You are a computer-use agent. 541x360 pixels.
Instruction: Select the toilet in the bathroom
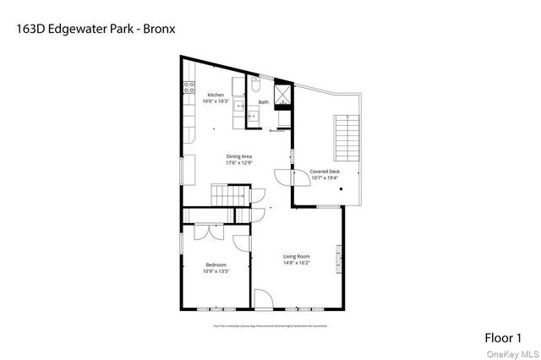(x=255, y=87)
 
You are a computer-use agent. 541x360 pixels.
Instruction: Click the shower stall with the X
(x=286, y=93)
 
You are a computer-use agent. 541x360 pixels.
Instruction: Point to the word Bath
(x=264, y=102)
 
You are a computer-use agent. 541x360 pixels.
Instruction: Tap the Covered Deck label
(x=325, y=171)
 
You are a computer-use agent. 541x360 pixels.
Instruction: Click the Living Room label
(x=297, y=256)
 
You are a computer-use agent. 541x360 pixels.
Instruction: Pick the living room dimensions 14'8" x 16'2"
(x=297, y=263)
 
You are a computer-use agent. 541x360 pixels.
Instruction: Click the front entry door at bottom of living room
(x=263, y=299)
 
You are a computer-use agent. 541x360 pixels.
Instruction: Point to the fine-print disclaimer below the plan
(x=268, y=325)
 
